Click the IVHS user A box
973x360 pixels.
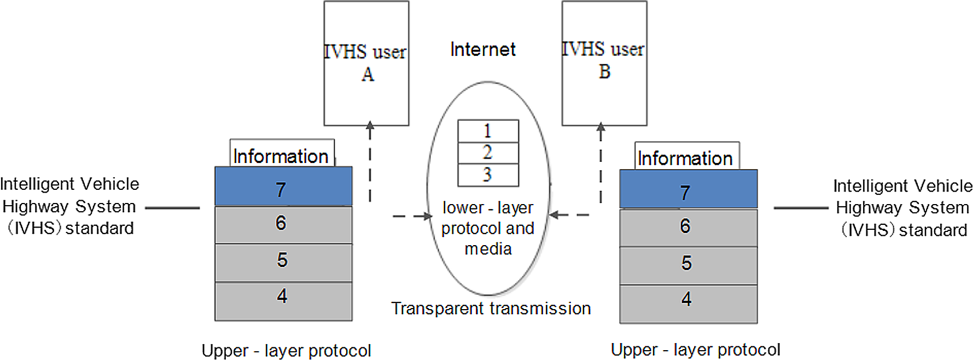(x=366, y=63)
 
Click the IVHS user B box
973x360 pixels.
(x=604, y=63)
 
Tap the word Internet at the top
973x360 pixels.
(x=482, y=50)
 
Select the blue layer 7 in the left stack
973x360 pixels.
(x=283, y=187)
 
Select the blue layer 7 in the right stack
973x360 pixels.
(x=688, y=189)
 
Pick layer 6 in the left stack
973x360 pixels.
(x=283, y=225)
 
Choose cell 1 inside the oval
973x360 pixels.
(x=488, y=131)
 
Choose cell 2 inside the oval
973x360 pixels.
(x=488, y=153)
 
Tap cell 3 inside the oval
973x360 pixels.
(x=488, y=175)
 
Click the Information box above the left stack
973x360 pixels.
(x=281, y=154)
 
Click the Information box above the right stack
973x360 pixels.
(x=686, y=156)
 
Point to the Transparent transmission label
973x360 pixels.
(x=491, y=309)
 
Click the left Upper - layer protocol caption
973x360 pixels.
(x=286, y=351)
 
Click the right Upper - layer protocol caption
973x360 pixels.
(x=695, y=350)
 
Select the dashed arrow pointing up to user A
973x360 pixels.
(x=370, y=161)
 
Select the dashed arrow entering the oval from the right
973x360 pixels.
(x=569, y=215)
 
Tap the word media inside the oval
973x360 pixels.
(x=488, y=249)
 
